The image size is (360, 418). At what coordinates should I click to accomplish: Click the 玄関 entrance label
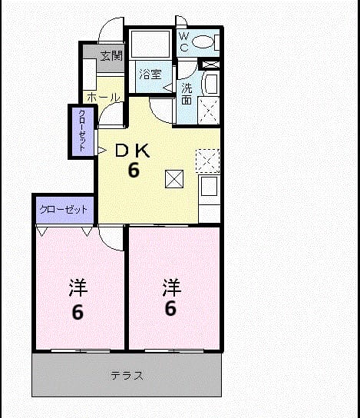click(111, 56)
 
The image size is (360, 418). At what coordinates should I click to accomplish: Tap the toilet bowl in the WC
click(203, 41)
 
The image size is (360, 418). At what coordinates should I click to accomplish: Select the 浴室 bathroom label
click(150, 75)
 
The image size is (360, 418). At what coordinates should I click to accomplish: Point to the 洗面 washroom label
click(187, 94)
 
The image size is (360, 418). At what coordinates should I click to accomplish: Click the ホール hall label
click(104, 98)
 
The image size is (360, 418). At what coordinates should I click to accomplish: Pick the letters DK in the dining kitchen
click(132, 151)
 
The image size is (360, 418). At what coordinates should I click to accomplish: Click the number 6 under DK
click(134, 170)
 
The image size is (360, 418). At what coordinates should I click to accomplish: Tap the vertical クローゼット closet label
click(82, 131)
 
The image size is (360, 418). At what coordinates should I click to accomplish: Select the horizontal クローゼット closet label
click(64, 210)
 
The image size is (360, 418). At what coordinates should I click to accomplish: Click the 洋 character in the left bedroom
click(78, 287)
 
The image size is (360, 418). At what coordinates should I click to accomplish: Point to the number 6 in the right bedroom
click(170, 308)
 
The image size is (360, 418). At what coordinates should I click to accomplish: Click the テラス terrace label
click(127, 376)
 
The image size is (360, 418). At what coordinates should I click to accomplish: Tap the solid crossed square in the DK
click(174, 179)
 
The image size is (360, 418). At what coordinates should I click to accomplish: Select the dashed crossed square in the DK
click(208, 161)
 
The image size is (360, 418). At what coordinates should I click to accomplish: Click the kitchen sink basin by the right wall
click(210, 186)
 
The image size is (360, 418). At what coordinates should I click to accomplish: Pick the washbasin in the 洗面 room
click(210, 85)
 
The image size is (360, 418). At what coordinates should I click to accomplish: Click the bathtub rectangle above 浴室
click(150, 44)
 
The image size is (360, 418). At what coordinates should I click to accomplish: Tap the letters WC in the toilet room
click(183, 41)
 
